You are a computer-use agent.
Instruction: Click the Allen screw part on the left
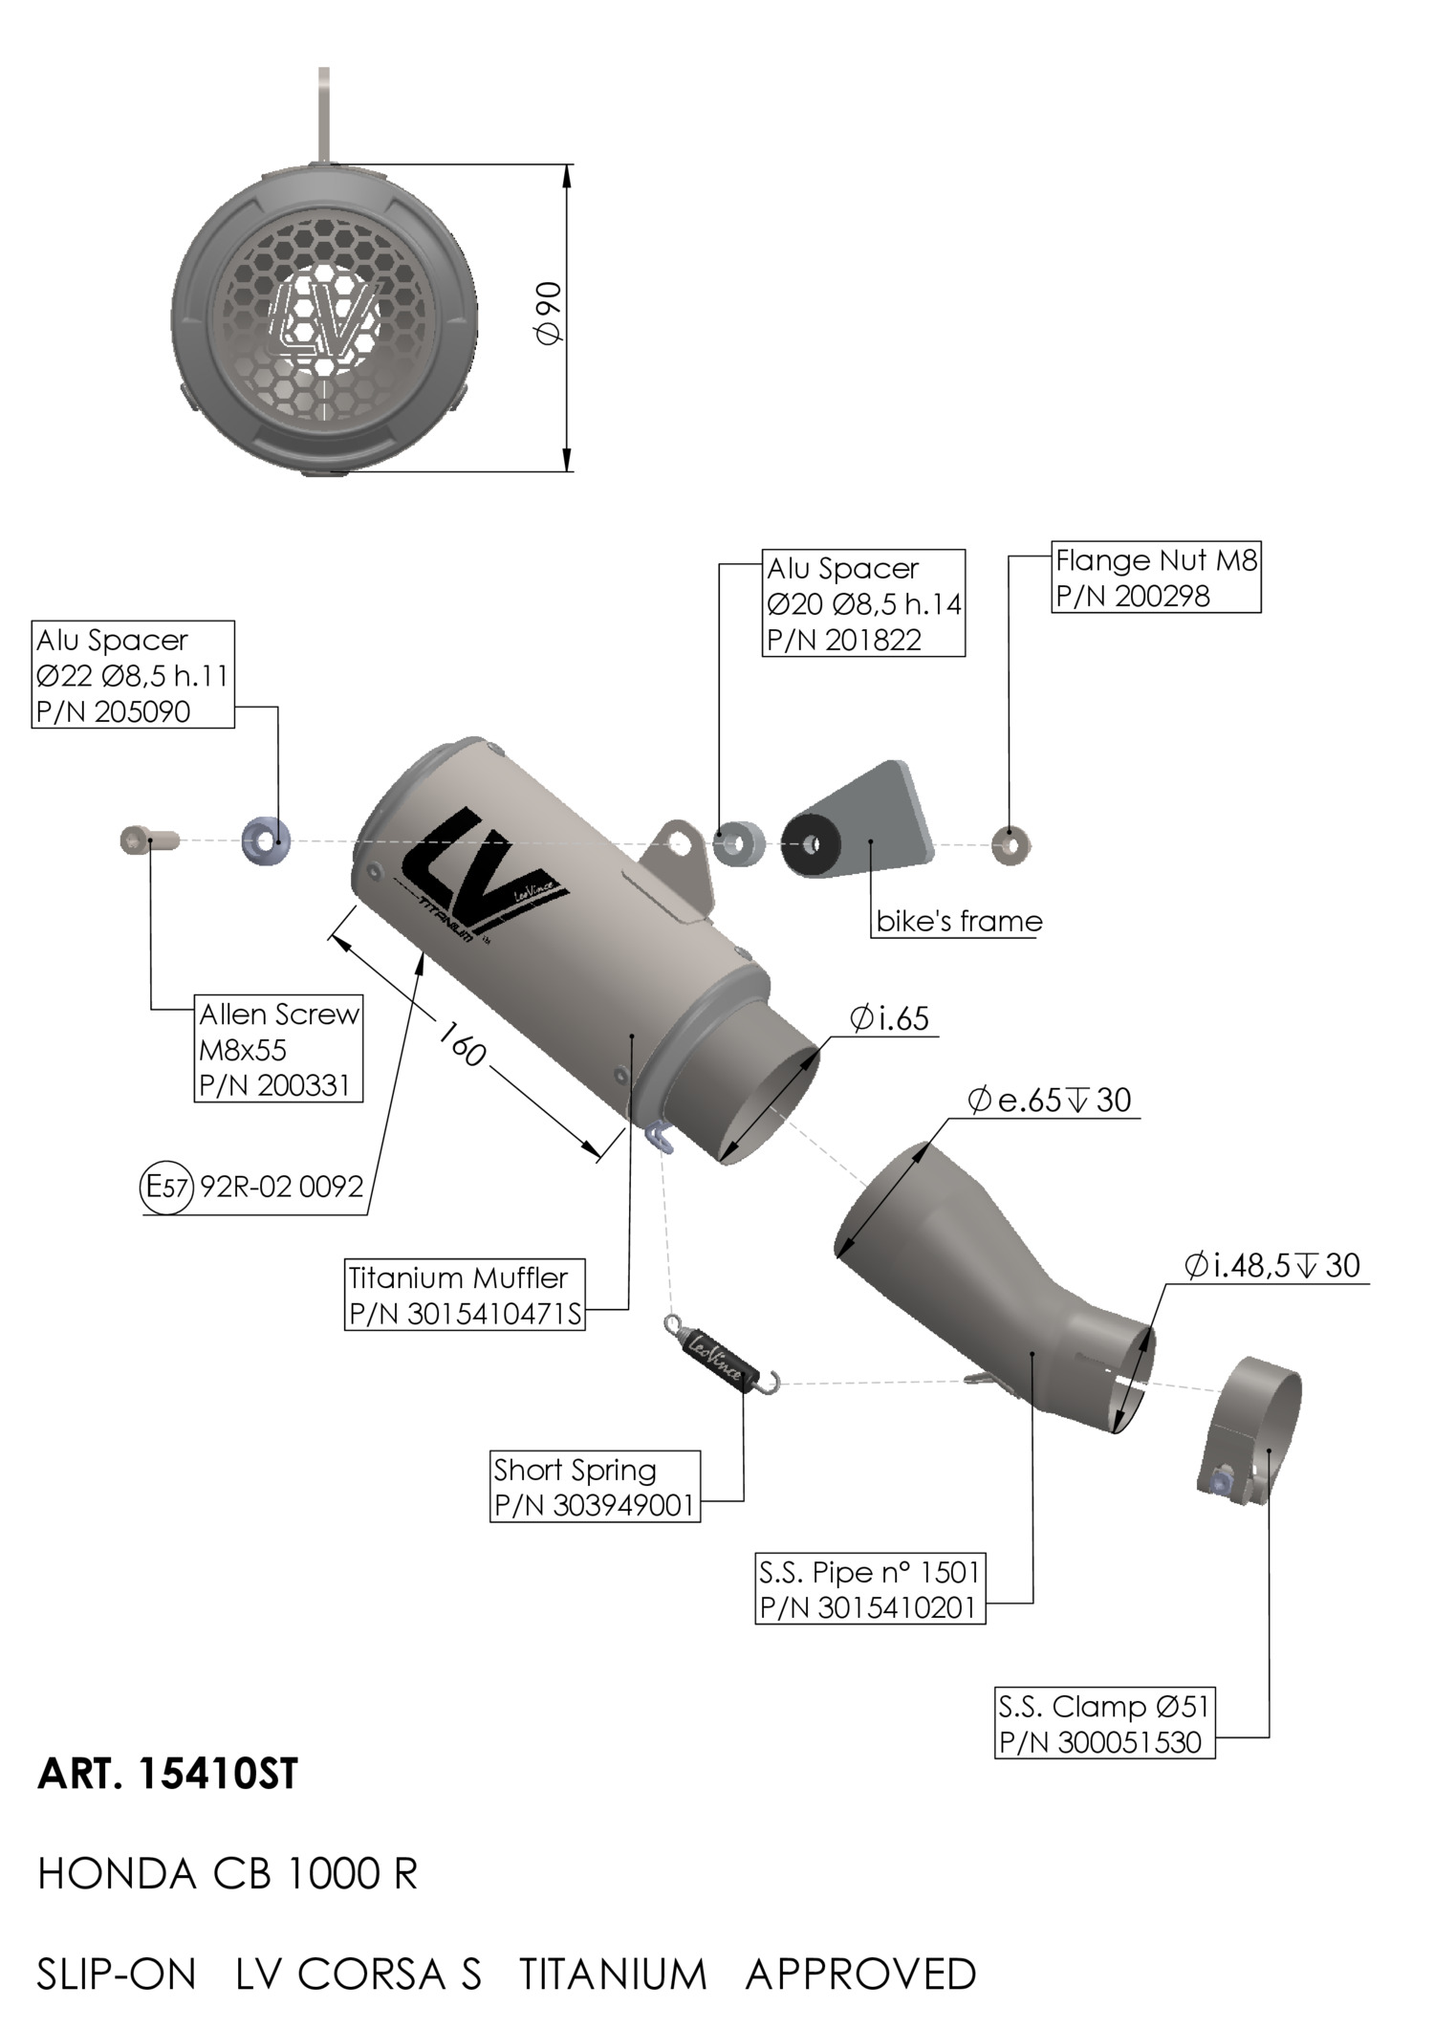pos(149,840)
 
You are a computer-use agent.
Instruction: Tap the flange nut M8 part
pos(1010,844)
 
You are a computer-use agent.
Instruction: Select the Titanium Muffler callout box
pos(465,1295)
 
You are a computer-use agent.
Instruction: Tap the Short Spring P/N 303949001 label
pos(595,1487)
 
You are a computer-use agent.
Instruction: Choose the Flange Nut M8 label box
pos(1156,578)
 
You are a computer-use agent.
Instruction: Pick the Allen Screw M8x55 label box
pos(278,1049)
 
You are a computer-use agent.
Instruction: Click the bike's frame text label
pos(959,921)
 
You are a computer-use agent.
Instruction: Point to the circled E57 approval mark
pos(166,1187)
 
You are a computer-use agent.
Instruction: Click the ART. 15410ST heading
pos(167,1774)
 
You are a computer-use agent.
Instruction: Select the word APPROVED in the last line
pos(860,1974)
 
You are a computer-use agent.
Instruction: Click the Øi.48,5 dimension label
pos(1271,1266)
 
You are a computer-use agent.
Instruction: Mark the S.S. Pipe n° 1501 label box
pos(870,1589)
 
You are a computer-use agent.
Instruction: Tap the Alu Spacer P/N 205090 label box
pos(133,675)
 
